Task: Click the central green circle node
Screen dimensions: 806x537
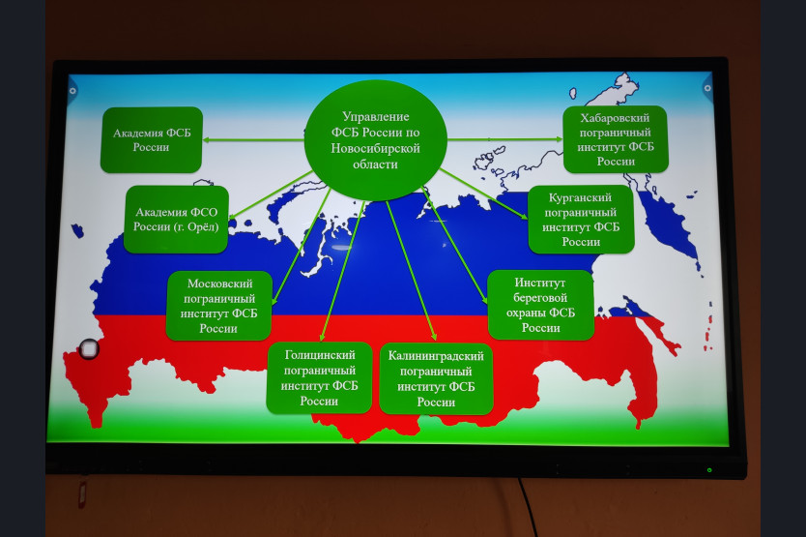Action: tap(375, 140)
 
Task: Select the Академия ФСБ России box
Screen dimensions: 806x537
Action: tap(151, 140)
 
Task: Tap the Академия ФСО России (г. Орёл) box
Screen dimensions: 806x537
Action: tap(176, 220)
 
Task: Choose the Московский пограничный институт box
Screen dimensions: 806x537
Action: tap(219, 306)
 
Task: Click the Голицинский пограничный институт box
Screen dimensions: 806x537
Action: tap(319, 378)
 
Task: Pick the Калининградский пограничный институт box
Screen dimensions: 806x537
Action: tap(436, 379)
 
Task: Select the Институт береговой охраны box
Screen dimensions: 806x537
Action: tap(540, 305)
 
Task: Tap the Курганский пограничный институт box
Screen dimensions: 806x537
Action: tap(581, 220)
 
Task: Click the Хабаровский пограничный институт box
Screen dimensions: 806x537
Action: tap(616, 139)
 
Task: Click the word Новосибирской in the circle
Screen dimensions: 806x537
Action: tap(375, 148)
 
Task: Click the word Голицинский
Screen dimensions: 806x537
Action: tap(320, 355)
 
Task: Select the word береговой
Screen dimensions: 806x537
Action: tap(540, 298)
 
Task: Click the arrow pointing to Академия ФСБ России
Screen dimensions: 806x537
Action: tap(253, 139)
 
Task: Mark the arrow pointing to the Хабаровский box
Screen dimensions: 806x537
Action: tap(504, 139)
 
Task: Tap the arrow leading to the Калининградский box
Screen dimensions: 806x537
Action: tap(412, 270)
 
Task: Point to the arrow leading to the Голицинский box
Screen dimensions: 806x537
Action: tap(342, 271)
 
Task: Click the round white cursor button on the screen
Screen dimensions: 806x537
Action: tap(89, 349)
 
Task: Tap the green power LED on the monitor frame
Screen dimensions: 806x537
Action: tap(709, 469)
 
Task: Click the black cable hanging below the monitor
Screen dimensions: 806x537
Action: tap(530, 508)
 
